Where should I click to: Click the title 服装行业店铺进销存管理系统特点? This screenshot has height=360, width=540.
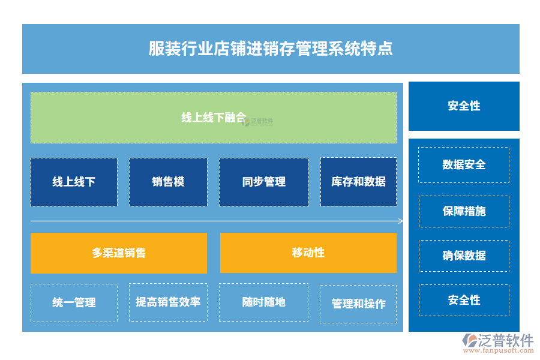click(x=271, y=49)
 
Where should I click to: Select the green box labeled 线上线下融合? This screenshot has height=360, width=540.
click(x=214, y=118)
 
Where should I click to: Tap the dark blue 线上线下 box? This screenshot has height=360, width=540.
click(x=74, y=182)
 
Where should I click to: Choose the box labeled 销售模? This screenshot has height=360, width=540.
click(x=168, y=182)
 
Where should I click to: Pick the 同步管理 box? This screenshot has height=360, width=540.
click(x=263, y=182)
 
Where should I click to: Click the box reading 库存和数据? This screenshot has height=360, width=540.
click(x=358, y=182)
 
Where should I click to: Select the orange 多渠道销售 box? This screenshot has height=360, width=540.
click(x=119, y=253)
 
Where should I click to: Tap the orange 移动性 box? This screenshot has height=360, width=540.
click(x=308, y=253)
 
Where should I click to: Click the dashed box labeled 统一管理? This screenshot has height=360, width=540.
click(x=74, y=303)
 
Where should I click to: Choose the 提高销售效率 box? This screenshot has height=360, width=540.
click(x=168, y=302)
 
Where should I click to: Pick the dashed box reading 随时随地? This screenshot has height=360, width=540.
click(x=263, y=302)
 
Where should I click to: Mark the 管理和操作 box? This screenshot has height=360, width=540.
click(x=358, y=304)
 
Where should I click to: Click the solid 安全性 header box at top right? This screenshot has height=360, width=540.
click(x=464, y=106)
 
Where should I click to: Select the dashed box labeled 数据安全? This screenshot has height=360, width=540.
click(x=464, y=165)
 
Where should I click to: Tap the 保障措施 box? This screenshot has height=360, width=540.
click(x=464, y=211)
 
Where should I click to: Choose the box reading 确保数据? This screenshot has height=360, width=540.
click(x=464, y=256)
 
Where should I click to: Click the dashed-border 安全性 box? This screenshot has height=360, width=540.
click(x=464, y=300)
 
